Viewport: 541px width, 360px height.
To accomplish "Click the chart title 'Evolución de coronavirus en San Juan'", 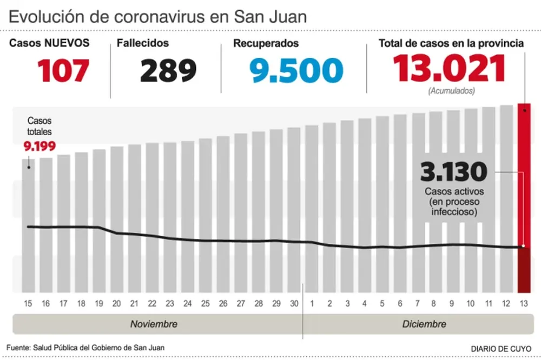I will point(157,16).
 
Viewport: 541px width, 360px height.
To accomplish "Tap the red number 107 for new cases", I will point(63,70).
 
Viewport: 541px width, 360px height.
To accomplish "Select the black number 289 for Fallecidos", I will point(168,70).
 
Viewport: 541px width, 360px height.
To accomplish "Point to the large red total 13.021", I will point(449,69).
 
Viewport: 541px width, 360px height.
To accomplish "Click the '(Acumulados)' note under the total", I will point(451,91).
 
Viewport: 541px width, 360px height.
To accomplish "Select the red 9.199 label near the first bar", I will point(39,145).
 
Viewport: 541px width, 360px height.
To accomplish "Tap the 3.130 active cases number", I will point(454,172).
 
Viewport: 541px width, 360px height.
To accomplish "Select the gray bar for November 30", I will point(294,211).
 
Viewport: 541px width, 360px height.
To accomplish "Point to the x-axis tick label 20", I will point(116,304).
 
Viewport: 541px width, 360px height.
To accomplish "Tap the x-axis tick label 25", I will point(205,304).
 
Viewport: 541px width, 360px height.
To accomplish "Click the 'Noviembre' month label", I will point(154,324).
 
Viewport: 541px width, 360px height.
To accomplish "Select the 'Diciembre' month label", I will point(424,324).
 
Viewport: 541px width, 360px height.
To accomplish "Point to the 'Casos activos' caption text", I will point(454,191).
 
